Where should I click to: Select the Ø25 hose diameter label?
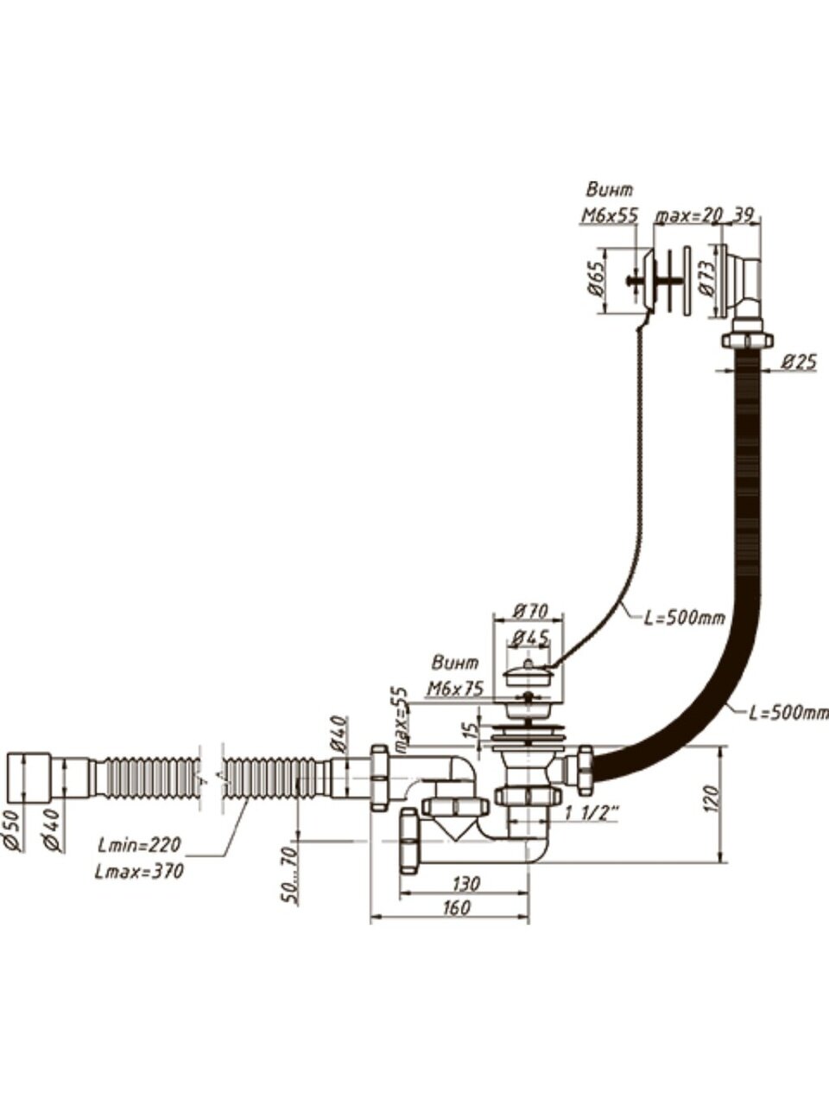point(798,364)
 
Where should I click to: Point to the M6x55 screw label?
point(608,216)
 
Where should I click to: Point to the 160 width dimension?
point(455,907)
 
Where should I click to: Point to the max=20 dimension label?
point(688,216)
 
